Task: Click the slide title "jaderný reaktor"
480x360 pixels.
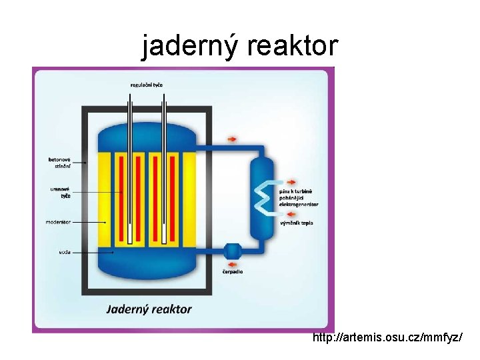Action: tap(239, 46)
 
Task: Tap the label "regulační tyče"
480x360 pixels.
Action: tap(147, 85)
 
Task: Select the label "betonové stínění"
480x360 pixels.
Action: tap(59, 163)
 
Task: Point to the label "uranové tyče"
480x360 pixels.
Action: tap(61, 193)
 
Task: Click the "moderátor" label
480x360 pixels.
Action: tap(58, 221)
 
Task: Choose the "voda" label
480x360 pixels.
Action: tap(65, 252)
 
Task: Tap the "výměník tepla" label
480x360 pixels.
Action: tap(297, 223)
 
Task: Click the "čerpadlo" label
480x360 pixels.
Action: tap(232, 271)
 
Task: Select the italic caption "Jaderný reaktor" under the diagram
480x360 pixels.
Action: tap(149, 309)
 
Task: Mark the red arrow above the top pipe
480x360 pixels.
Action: tap(232, 139)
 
